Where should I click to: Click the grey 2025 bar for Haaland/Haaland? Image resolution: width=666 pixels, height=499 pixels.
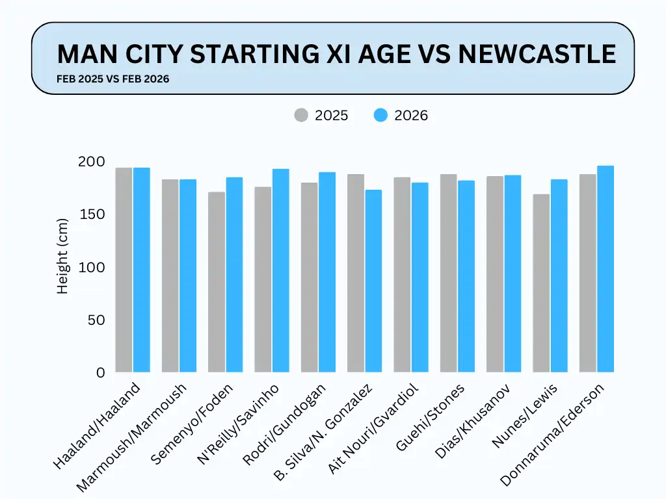(124, 270)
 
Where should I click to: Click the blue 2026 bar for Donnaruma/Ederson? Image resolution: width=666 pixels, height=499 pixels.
(606, 269)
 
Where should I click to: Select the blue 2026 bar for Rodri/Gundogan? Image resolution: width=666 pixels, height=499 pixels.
(327, 272)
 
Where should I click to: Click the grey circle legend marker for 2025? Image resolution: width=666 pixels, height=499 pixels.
(301, 116)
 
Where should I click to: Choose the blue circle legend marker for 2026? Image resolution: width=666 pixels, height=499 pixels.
(381, 116)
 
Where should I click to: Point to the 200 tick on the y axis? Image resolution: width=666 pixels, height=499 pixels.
(91, 162)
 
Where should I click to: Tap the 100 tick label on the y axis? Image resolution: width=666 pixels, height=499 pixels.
(91, 267)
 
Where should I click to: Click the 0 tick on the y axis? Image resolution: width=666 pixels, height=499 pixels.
(100, 373)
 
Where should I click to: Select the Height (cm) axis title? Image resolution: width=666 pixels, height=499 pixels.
(62, 256)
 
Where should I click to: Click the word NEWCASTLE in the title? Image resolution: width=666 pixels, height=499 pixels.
(537, 54)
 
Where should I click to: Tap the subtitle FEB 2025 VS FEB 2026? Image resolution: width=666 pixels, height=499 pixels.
(113, 79)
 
